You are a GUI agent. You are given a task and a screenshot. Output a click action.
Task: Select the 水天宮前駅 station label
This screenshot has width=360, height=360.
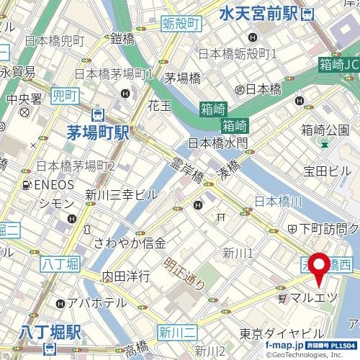click(258, 12)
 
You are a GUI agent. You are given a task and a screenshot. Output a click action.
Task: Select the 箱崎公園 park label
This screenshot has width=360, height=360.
click(325, 130)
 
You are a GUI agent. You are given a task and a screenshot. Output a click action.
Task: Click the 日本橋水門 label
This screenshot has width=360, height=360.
click(217, 143)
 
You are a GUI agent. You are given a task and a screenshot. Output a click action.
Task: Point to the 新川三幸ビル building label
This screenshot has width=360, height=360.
click(120, 194)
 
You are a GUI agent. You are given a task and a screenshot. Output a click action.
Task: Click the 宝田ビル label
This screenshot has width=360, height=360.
click(326, 171)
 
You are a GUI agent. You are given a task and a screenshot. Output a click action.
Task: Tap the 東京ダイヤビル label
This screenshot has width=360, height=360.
click(282, 333)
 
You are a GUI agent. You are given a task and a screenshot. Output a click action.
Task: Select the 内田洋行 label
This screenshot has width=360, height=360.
click(126, 276)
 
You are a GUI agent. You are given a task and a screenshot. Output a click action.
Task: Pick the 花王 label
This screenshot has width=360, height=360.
click(159, 105)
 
